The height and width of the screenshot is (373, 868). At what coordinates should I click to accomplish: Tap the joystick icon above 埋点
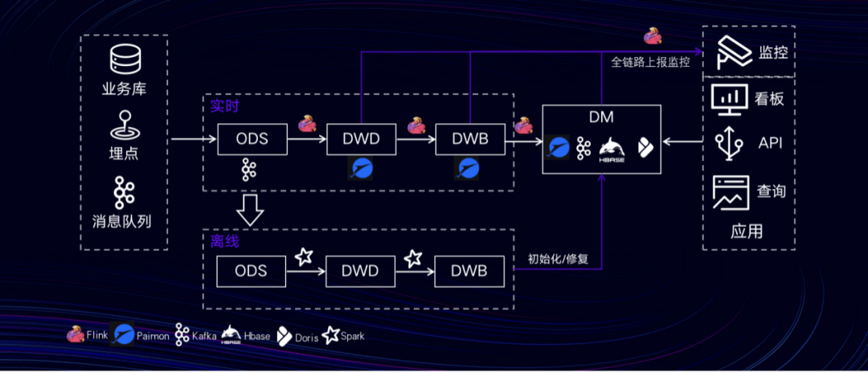pyautogui.click(x=125, y=127)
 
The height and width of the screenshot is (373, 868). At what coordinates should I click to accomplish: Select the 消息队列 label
pyautogui.click(x=122, y=221)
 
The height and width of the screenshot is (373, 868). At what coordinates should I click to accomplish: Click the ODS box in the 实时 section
pyautogui.click(x=252, y=139)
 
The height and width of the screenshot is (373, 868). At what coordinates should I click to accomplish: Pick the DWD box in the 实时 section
pyautogui.click(x=362, y=139)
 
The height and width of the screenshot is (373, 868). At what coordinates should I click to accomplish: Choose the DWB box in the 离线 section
pyautogui.click(x=469, y=271)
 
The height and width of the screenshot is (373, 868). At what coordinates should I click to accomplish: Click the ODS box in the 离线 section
pyautogui.click(x=252, y=271)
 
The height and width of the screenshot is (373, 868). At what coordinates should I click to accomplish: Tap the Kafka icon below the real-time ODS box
pyautogui.click(x=248, y=170)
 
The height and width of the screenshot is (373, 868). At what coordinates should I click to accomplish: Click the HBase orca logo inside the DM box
pyautogui.click(x=612, y=148)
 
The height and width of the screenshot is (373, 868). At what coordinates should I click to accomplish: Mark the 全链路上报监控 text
pyautogui.click(x=650, y=63)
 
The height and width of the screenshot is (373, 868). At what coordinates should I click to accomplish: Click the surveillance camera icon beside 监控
pyautogui.click(x=732, y=51)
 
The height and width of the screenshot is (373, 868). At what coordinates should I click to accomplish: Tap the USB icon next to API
pyautogui.click(x=728, y=143)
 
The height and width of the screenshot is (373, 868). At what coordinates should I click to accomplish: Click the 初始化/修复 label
pyautogui.click(x=558, y=258)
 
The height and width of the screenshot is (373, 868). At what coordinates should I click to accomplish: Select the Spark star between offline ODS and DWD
pyautogui.click(x=304, y=256)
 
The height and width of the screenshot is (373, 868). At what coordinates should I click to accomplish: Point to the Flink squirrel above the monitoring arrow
pyautogui.click(x=653, y=37)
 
